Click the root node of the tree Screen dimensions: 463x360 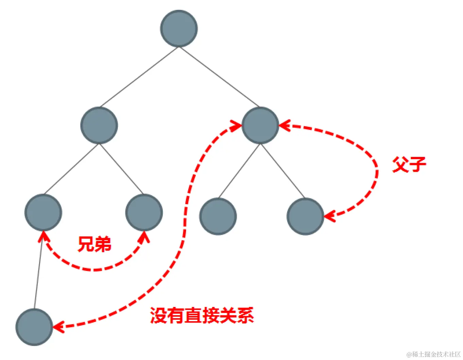[x=179, y=29]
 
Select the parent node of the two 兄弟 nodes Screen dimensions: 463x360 [x=99, y=125]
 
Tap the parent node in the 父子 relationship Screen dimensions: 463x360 [x=260, y=125]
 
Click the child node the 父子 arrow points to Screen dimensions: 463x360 [x=305, y=216]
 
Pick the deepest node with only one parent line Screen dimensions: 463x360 [x=34, y=327]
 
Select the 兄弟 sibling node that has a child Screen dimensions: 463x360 [x=43, y=212]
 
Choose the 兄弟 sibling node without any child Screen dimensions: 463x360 [x=144, y=212]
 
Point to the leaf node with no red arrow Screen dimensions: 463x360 [x=218, y=216]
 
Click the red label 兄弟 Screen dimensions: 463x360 [x=95, y=244]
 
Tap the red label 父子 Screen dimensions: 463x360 [x=409, y=165]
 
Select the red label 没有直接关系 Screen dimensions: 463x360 [x=202, y=315]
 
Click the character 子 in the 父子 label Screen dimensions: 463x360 [x=417, y=165]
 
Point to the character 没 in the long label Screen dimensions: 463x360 [x=158, y=315]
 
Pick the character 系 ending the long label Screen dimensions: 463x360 [x=245, y=315]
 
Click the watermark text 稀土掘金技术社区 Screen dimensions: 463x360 [x=436, y=354]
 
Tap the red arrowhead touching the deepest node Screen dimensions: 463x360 [x=58, y=327]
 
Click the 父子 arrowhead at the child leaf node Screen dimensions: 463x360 [x=329, y=216]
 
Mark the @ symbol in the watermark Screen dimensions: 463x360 [x=409, y=355]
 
